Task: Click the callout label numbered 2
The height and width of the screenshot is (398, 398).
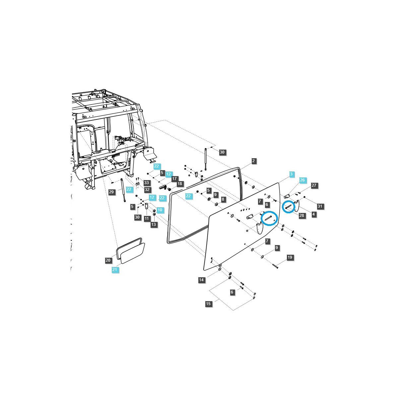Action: click(254, 161)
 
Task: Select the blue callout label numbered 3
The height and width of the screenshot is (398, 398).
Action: click(291, 174)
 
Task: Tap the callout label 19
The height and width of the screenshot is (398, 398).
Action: click(290, 257)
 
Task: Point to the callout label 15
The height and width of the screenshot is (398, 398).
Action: click(208, 304)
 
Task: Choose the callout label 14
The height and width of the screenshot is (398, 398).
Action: click(201, 280)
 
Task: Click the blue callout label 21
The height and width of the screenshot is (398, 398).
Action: click(114, 270)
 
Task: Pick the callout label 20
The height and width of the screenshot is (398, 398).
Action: click(108, 260)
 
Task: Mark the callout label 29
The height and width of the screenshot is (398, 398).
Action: click(111, 192)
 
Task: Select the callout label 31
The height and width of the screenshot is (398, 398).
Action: click(320, 206)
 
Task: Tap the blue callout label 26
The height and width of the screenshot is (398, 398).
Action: click(302, 180)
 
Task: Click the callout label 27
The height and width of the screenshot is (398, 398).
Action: click(314, 185)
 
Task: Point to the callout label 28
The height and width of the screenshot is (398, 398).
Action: click(301, 216)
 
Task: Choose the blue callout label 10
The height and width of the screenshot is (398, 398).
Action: click(160, 210)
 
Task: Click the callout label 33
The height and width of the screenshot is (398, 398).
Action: click(147, 183)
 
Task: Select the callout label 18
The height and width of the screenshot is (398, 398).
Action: click(180, 184)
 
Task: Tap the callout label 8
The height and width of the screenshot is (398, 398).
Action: click(223, 199)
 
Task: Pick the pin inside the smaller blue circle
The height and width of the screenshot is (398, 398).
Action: click(288, 207)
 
